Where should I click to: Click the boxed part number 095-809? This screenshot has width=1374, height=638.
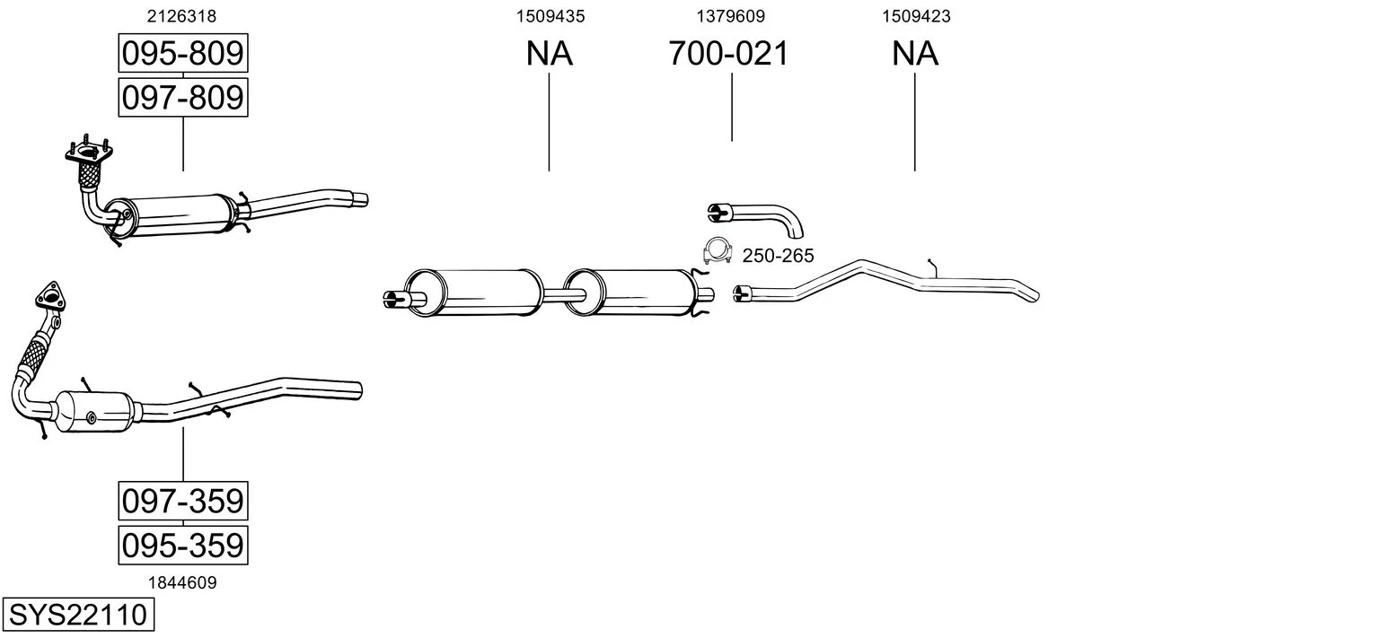tap(183, 53)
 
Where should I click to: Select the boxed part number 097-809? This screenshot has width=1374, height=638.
tap(183, 98)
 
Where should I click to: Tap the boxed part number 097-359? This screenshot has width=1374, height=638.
tap(183, 502)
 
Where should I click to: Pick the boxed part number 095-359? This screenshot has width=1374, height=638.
tap(183, 546)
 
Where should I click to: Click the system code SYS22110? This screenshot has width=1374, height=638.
tap(78, 614)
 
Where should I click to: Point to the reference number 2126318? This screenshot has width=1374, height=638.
tap(181, 16)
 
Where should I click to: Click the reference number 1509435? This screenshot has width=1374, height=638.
tap(550, 16)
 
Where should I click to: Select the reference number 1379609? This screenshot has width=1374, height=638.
tap(730, 16)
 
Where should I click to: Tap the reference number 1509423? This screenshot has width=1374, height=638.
tap(916, 16)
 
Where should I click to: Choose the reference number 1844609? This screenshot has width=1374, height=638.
tap(182, 583)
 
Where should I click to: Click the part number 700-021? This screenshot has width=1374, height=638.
tap(728, 53)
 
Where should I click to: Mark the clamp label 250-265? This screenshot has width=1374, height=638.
tap(778, 256)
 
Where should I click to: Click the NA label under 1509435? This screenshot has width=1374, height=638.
tap(549, 53)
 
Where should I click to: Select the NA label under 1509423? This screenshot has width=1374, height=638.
tap(914, 53)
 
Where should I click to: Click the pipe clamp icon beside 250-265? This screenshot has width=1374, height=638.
tap(717, 250)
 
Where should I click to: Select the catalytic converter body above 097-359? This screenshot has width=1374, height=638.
tap(94, 411)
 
